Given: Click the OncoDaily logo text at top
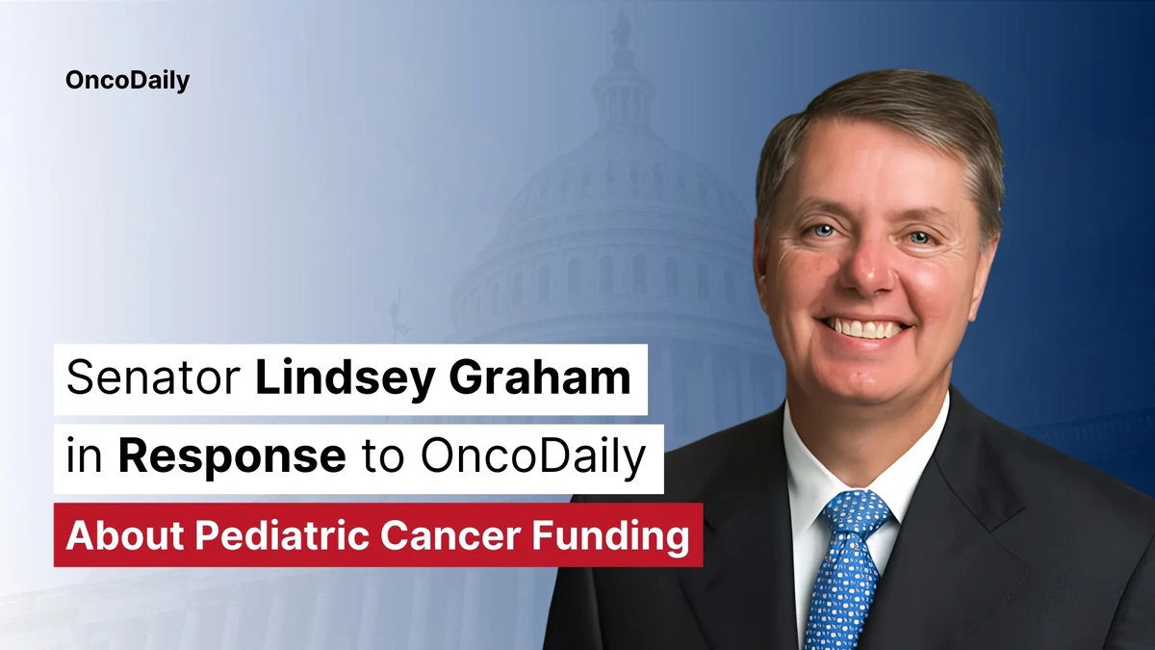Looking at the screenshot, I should pyautogui.click(x=127, y=81).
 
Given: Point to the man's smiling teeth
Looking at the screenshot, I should pyautogui.click(x=866, y=328).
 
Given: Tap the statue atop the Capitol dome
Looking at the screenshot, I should pyautogui.click(x=622, y=26).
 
